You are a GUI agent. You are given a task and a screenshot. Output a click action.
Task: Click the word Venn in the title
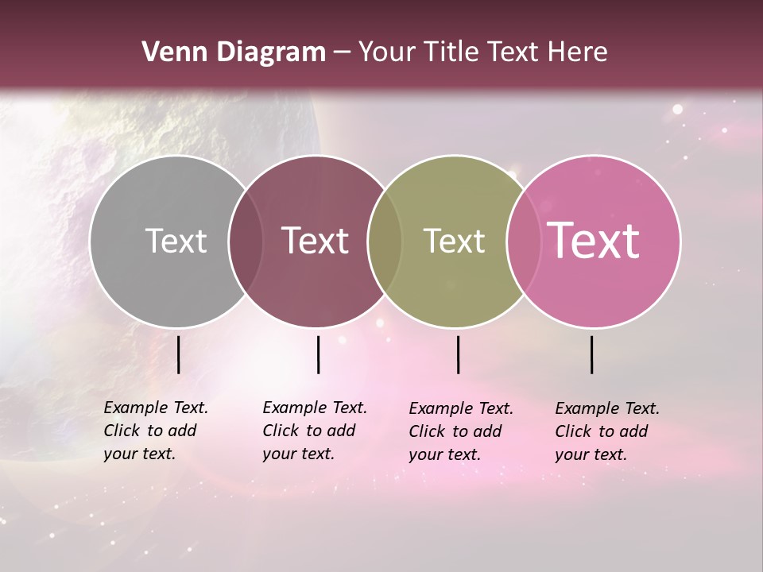pos(169,52)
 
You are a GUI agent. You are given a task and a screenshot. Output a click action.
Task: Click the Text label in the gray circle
pos(176,241)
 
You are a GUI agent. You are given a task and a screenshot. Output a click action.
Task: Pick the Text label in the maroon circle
pos(316,241)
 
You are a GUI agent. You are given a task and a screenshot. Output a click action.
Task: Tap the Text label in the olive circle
pos(454,241)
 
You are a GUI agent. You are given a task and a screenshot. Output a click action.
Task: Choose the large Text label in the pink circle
pos(594,241)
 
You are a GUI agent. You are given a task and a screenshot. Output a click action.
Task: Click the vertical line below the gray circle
pos(178,354)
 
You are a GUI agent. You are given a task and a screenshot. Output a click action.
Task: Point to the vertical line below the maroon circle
pos(318,354)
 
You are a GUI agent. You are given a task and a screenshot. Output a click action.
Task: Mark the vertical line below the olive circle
pos(458,354)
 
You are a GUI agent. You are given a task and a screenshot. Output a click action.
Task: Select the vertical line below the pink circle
pos(592,354)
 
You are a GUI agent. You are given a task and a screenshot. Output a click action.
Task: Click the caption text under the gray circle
pos(155,431)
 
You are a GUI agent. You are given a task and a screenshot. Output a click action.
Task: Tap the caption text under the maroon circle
pos(314,431)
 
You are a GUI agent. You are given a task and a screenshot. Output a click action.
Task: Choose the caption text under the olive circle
pos(460,431)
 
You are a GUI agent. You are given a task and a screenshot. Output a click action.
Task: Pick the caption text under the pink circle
pos(606,431)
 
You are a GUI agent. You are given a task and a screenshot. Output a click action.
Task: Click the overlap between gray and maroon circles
pos(246,241)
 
